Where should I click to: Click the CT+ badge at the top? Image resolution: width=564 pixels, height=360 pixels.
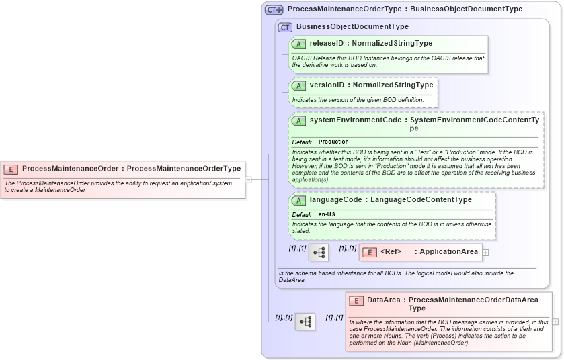pos(274,9)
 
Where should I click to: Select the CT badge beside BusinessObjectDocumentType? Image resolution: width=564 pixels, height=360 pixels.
pos(285,27)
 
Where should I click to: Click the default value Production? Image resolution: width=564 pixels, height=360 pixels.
pos(333,142)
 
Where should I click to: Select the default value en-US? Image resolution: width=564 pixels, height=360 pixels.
pos(328,214)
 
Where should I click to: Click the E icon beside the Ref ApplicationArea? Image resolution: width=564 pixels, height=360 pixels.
pos(369,252)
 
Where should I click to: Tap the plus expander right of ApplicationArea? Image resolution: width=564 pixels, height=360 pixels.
pos(485,253)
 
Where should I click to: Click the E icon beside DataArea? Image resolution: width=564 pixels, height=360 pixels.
pos(356,300)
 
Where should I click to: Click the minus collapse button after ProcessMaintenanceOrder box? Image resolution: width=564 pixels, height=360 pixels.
pos(248,179)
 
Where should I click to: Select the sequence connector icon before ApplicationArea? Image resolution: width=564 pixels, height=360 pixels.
pos(319,253)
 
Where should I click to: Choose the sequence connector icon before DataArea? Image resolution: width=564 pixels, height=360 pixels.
pos(305,322)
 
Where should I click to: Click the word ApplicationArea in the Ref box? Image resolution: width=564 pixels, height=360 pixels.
pos(448,252)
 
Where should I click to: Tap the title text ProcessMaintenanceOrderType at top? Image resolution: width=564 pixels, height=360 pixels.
pos(346,9)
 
